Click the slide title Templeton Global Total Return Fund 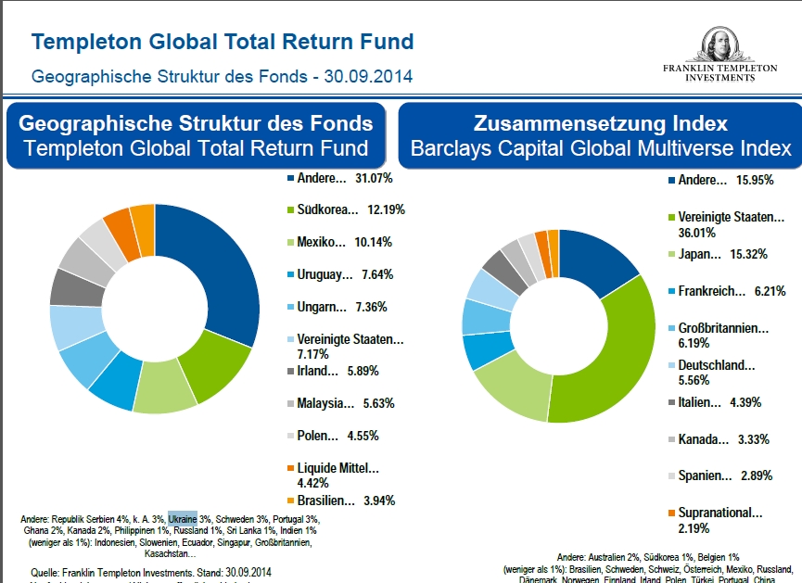pyautogui.click(x=223, y=42)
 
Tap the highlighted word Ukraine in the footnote pyautogui.click(x=183, y=519)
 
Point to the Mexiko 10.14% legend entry pyautogui.click(x=345, y=242)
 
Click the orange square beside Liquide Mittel pyautogui.click(x=290, y=469)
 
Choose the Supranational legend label pyautogui.click(x=720, y=513)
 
